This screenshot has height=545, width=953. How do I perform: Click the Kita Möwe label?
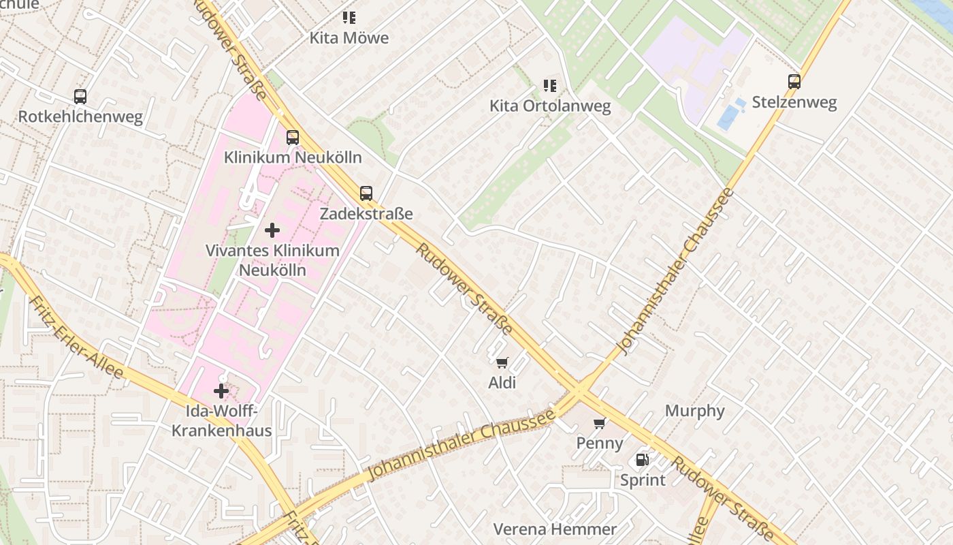(349, 38)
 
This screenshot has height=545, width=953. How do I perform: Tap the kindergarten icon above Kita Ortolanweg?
(549, 86)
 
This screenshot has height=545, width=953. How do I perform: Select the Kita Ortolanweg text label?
(550, 106)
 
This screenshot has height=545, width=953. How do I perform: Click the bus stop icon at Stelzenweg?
(794, 82)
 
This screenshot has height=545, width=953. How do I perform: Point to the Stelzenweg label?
(794, 103)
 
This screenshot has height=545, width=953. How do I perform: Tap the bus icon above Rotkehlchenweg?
(80, 97)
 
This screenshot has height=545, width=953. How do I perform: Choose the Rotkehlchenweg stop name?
(80, 116)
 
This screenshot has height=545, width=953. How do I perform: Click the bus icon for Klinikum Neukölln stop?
(293, 138)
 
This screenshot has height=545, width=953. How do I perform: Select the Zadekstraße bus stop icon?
(366, 193)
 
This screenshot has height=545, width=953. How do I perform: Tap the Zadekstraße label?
(366, 214)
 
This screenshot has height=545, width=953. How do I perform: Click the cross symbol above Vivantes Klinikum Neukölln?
(272, 230)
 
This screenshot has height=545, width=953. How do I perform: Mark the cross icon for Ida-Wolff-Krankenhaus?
(221, 391)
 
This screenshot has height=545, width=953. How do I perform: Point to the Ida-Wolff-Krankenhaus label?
(221, 421)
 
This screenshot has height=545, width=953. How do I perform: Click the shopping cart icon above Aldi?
(502, 363)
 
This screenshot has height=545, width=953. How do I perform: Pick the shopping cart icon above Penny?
(600, 424)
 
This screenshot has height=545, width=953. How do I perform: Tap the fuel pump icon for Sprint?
(642, 460)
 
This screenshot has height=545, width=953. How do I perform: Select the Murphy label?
(694, 411)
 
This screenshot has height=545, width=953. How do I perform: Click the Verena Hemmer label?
(555, 529)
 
